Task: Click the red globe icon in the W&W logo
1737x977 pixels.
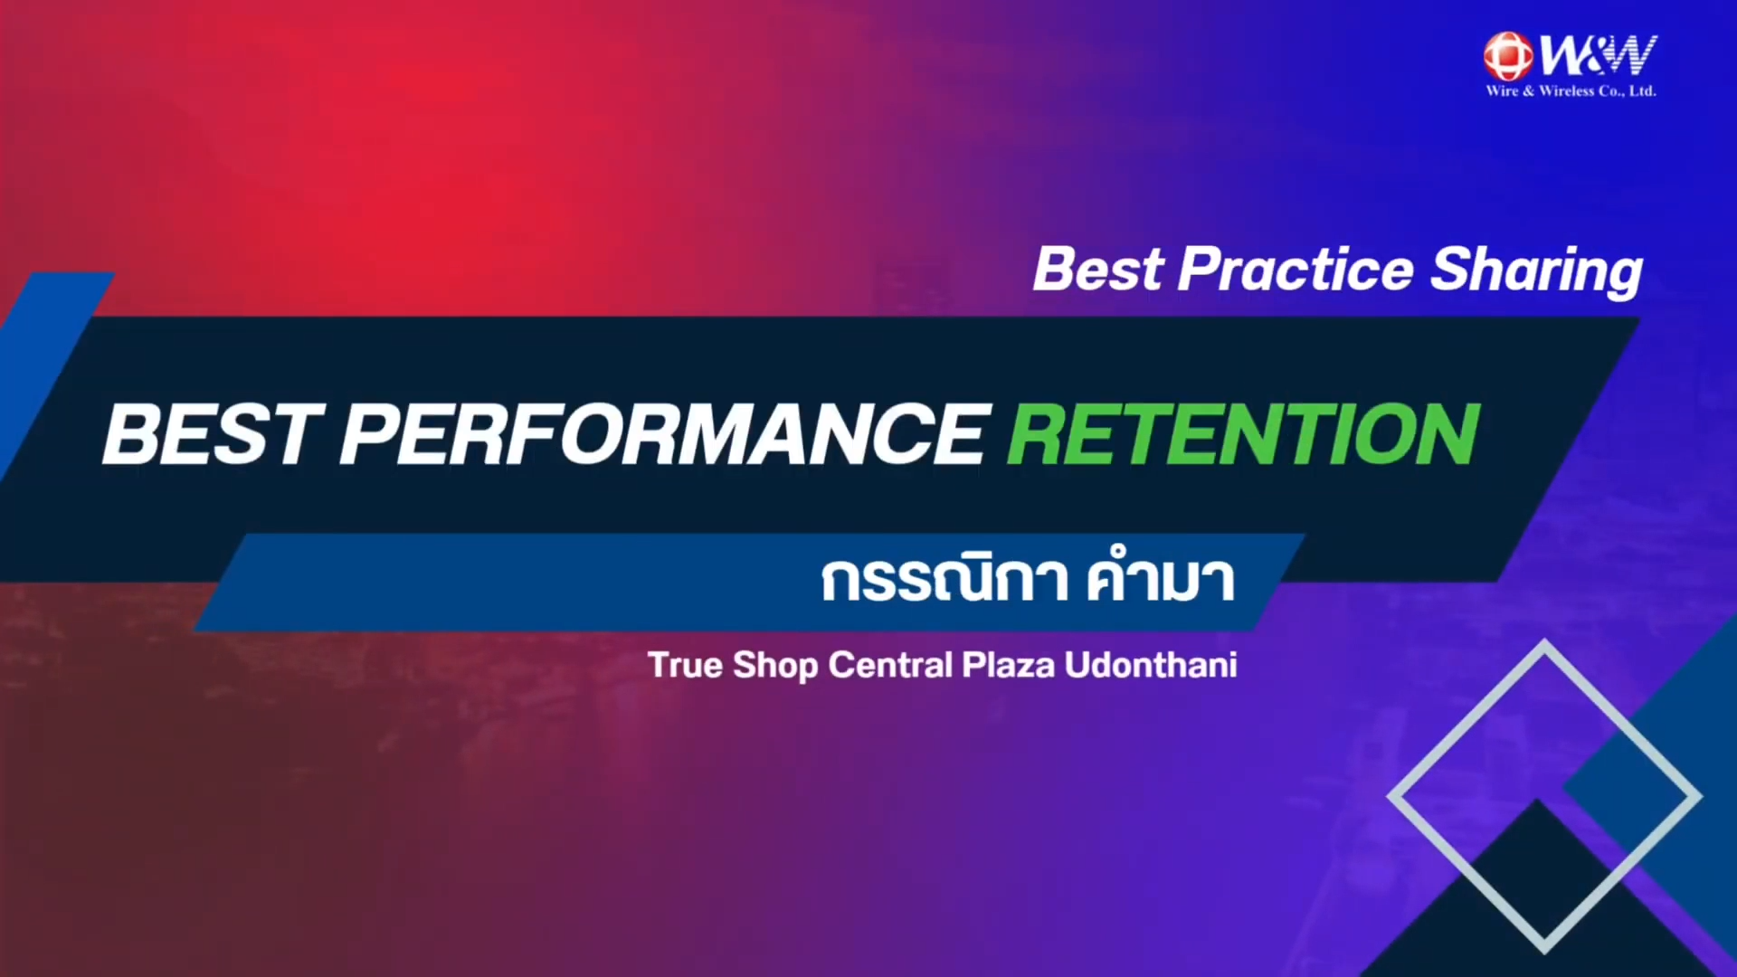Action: point(1508,56)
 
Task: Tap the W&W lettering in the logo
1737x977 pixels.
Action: point(1599,56)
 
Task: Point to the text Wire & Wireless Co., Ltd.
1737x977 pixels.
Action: point(1571,90)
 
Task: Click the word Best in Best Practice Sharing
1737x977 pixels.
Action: point(1099,270)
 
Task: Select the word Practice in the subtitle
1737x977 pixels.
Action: point(1296,270)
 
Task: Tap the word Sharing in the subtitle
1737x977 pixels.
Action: point(1536,271)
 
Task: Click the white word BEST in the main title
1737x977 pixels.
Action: point(214,435)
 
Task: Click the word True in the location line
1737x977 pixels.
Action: point(685,665)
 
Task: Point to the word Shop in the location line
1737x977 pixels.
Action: point(775,667)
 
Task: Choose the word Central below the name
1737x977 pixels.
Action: point(891,665)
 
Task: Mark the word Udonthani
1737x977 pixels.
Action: point(1151,665)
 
